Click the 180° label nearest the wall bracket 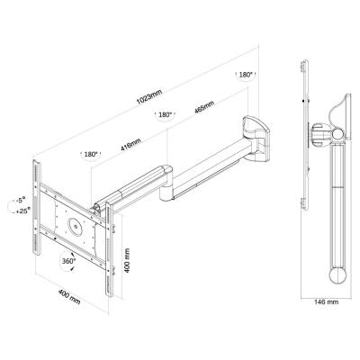tap(246, 76)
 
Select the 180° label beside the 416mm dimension tap(90, 154)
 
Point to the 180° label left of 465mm tap(165, 114)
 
